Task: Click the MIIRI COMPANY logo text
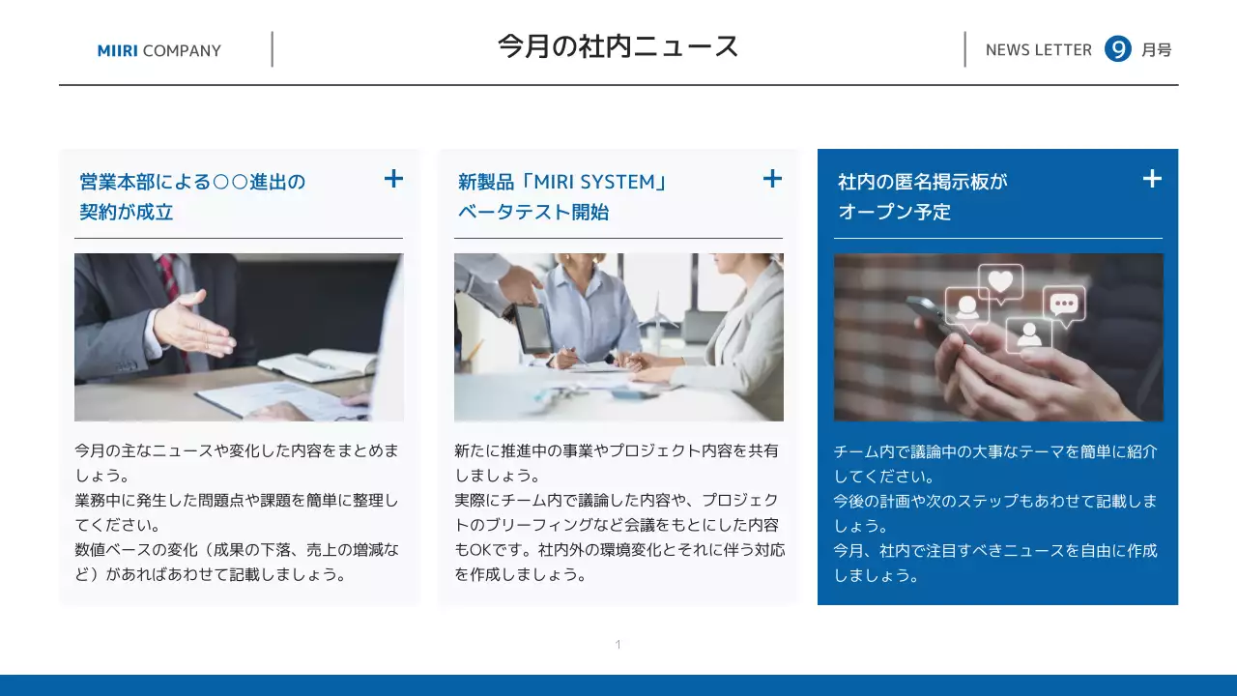coord(159,50)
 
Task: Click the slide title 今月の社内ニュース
coord(618,46)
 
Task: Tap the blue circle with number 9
coord(1117,49)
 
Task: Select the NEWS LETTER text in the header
coord(1038,50)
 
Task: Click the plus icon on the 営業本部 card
coord(393,179)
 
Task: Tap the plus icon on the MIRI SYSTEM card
coord(772,179)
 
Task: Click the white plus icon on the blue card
coord(1152,179)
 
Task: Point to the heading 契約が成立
coord(127,212)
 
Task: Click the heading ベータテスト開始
coord(532,212)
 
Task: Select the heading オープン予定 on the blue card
coord(894,212)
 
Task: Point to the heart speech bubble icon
coord(1000,282)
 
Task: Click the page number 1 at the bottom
coord(618,645)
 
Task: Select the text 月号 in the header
coord(1156,50)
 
